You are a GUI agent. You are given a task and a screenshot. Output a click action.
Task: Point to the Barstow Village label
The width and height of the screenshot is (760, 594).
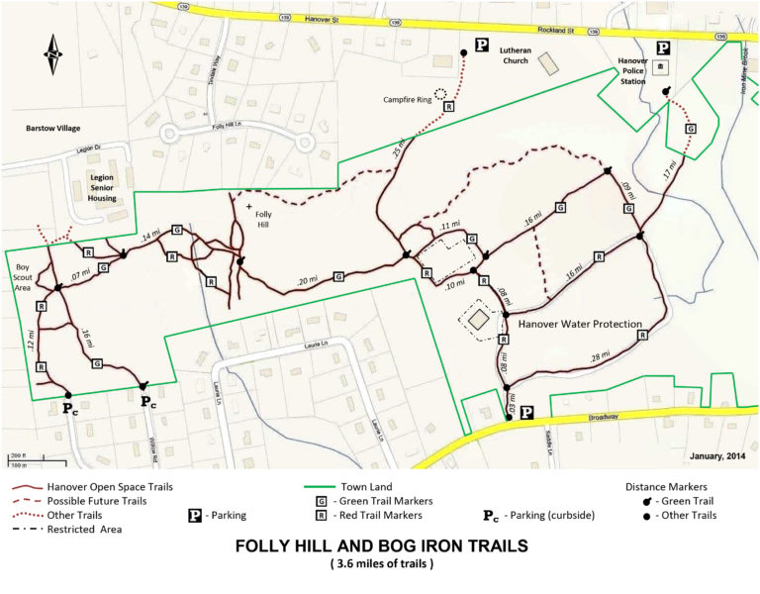coord(53,129)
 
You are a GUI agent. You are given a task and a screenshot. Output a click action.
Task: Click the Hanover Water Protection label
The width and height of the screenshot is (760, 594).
coord(581,324)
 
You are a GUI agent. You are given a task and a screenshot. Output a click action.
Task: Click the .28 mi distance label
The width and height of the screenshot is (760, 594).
coord(599,354)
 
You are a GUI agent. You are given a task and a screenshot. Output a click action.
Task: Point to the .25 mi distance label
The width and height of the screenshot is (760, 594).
coord(397,154)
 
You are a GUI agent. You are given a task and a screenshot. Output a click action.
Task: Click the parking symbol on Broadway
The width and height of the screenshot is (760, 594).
coord(527,412)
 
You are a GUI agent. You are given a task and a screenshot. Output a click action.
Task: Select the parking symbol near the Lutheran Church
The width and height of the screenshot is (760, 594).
coord(483,45)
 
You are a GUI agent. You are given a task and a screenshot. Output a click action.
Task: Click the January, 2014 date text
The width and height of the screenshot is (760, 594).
coord(714,456)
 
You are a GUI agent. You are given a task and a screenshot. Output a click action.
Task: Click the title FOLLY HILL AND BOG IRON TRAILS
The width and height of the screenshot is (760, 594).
coord(380,546)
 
